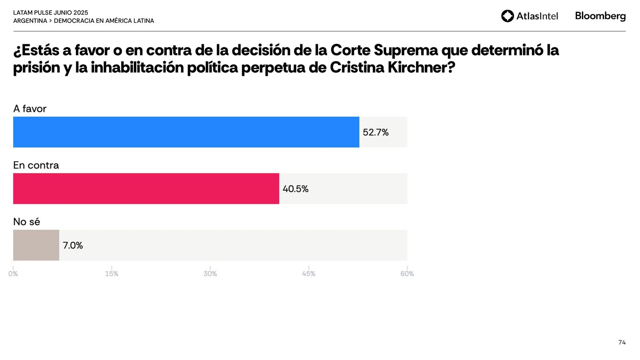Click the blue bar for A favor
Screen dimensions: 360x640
click(186, 132)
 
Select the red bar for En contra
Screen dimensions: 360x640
click(146, 188)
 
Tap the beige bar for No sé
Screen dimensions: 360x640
click(36, 245)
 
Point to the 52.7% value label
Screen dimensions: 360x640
click(376, 132)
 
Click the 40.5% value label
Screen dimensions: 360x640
click(296, 189)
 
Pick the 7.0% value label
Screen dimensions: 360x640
click(73, 245)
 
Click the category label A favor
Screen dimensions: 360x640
click(30, 109)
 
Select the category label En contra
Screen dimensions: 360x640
click(36, 165)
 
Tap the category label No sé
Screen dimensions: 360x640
click(26, 222)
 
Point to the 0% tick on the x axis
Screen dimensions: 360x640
click(13, 274)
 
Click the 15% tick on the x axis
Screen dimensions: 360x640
click(112, 274)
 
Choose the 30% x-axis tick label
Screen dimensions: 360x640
click(210, 274)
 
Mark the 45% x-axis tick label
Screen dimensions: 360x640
click(308, 274)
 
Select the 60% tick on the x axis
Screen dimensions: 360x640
click(407, 274)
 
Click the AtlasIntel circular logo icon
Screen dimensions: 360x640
click(508, 16)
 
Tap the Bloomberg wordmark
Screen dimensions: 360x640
click(600, 16)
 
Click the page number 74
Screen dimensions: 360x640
click(622, 342)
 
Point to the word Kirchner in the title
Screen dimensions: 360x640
click(422, 68)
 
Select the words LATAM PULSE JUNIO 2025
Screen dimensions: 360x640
click(51, 13)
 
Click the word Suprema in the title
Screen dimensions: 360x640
click(406, 50)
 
